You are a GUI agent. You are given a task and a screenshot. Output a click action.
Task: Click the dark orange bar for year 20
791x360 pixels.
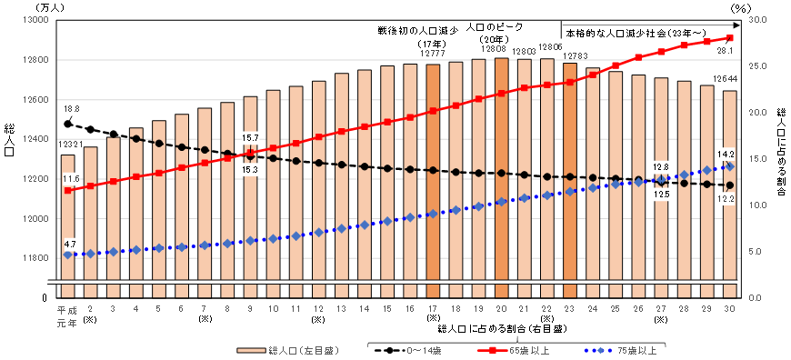(501, 173)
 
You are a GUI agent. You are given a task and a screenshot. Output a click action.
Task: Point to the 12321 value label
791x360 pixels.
(67, 145)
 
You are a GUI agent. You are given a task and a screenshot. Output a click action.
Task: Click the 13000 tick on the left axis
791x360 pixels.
(34, 19)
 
